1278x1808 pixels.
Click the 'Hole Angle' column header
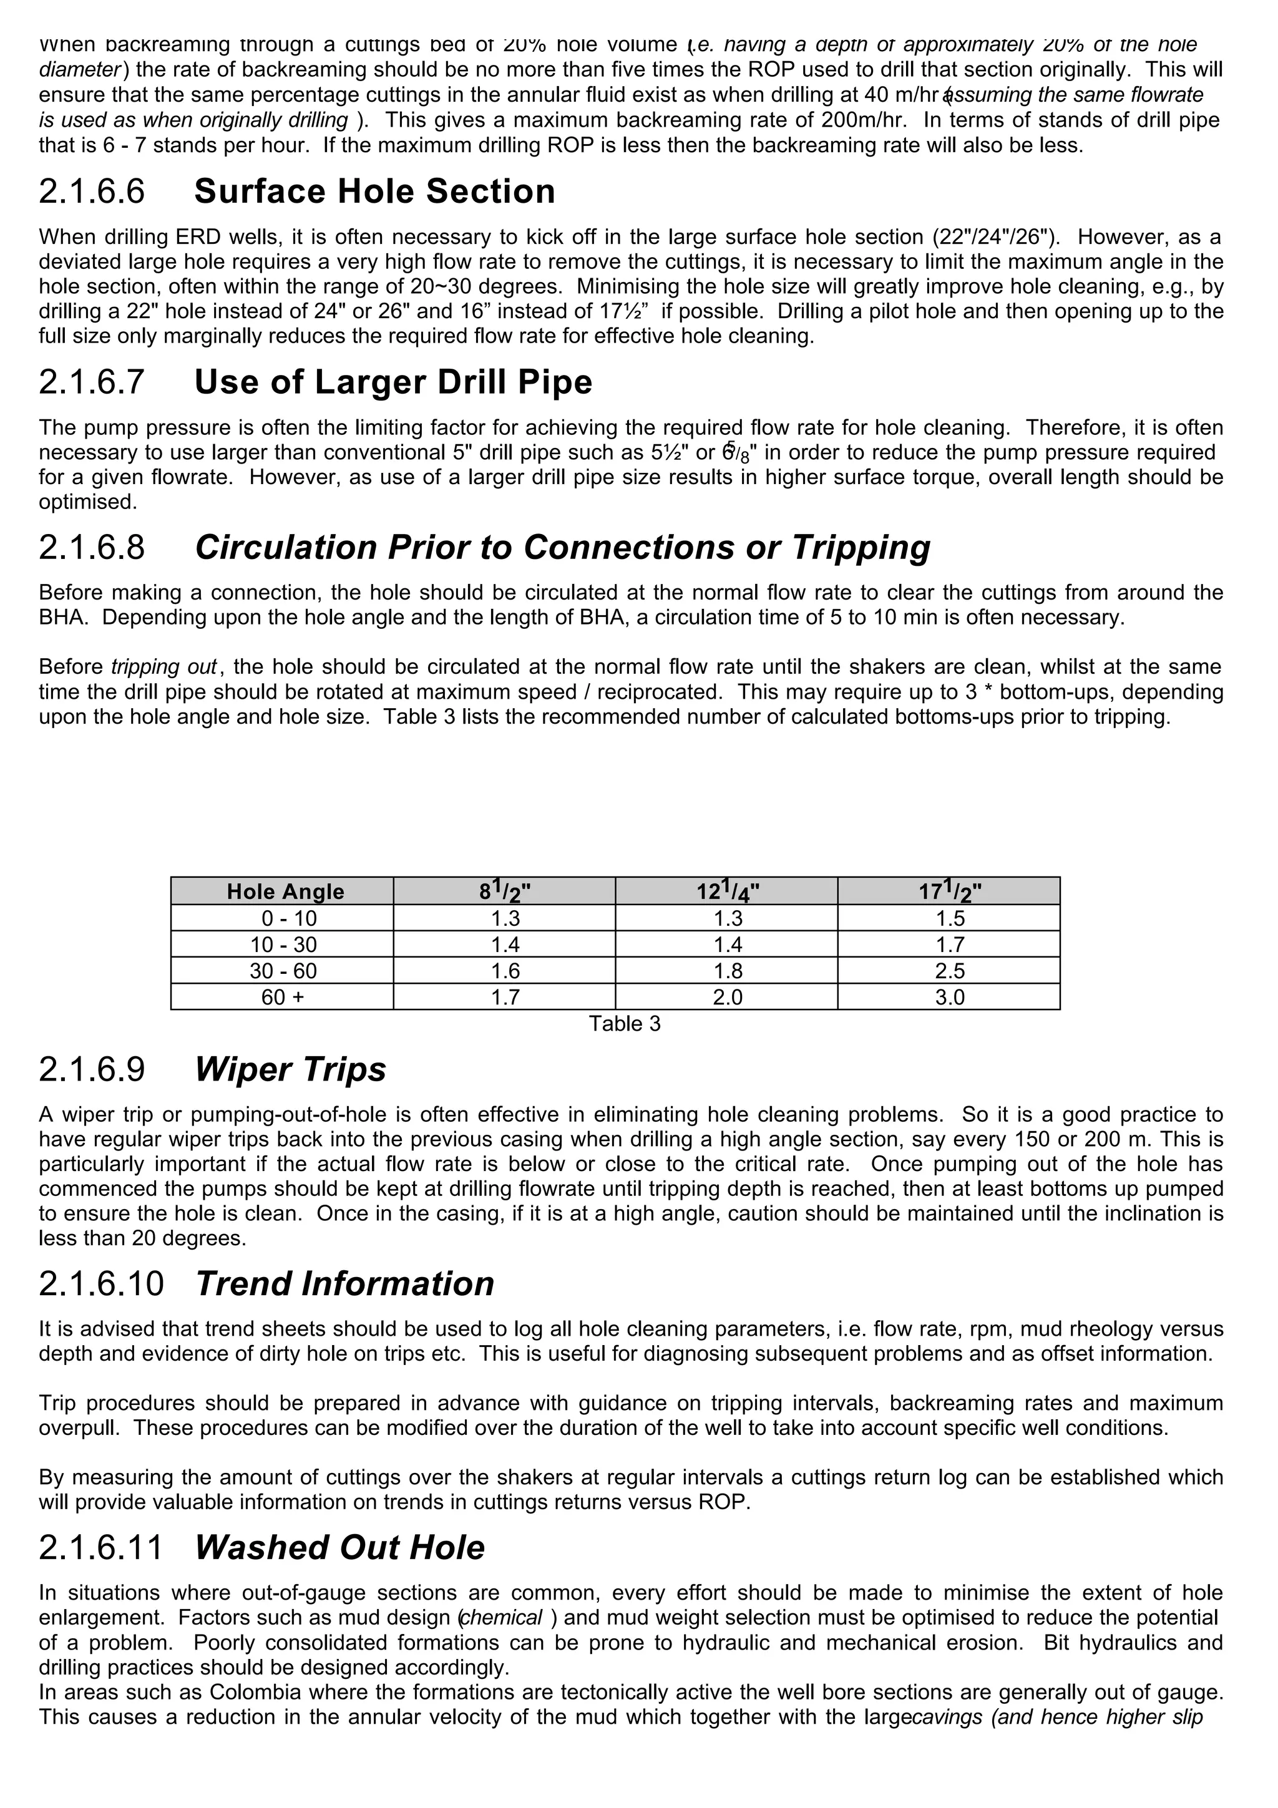click(285, 892)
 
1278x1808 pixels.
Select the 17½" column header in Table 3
click(950, 892)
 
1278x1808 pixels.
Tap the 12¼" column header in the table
click(727, 892)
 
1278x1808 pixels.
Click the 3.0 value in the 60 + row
click(950, 998)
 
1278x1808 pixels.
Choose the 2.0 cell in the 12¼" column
click(727, 998)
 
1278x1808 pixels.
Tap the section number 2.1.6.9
click(92, 1069)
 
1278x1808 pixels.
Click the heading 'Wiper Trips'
click(291, 1069)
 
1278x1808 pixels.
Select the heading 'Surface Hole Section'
click(375, 192)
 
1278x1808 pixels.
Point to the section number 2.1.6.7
click(92, 382)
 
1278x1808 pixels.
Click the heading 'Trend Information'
click(345, 1283)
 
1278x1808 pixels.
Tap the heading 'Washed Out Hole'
click(339, 1547)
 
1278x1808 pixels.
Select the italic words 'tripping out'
click(163, 667)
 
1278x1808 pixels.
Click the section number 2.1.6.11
click(101, 1547)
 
